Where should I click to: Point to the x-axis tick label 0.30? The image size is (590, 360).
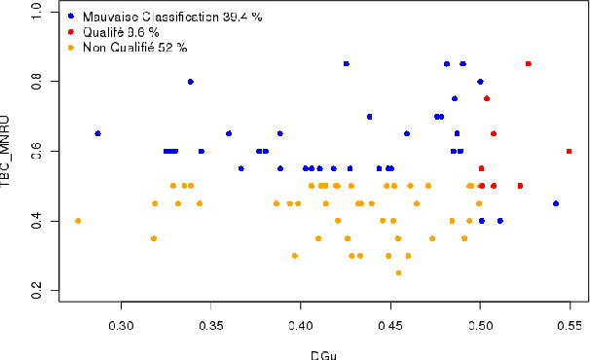[x=121, y=322]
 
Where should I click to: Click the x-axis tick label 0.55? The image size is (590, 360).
[x=570, y=322]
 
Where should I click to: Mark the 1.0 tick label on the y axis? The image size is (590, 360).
[x=36, y=12]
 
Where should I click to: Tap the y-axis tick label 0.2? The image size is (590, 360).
[x=36, y=295]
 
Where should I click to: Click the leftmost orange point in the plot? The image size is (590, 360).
[x=78, y=221]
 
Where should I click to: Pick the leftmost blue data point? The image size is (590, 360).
[x=97, y=133]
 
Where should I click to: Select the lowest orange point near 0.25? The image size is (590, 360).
[x=398, y=273]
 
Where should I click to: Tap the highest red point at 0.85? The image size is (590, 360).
[x=529, y=63]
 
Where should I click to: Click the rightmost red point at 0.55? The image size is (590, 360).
[x=570, y=151]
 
